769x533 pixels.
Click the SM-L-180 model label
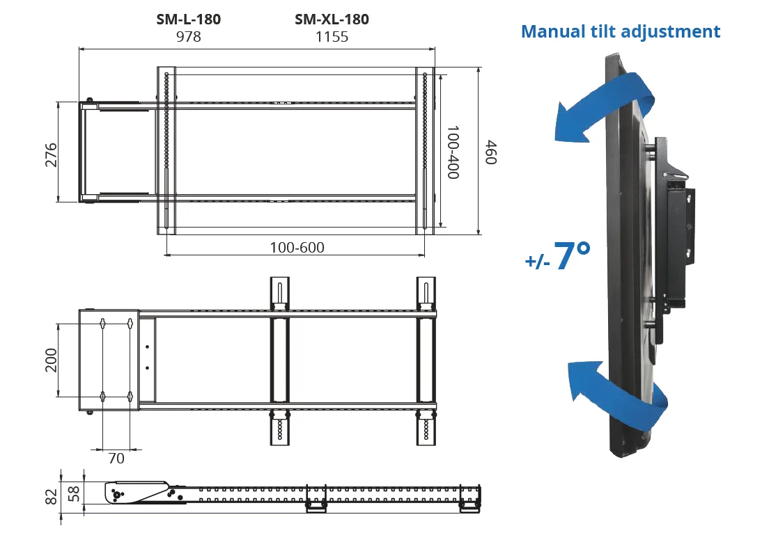coord(188,19)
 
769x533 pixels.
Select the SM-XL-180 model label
coord(332,19)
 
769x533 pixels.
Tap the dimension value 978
coord(188,37)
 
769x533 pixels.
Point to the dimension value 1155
coord(332,37)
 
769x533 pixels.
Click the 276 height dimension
coord(51,154)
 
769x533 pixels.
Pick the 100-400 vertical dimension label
coord(453,152)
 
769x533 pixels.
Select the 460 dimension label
coord(491,152)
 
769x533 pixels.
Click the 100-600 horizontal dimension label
coord(297,248)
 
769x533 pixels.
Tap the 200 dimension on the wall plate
coord(51,360)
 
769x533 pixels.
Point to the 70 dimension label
coord(116,459)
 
